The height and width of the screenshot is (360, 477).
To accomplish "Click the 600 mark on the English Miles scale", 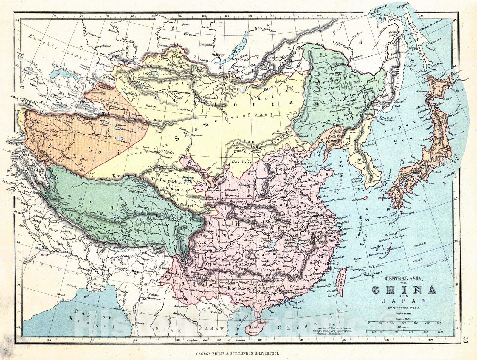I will pos(439,323).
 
